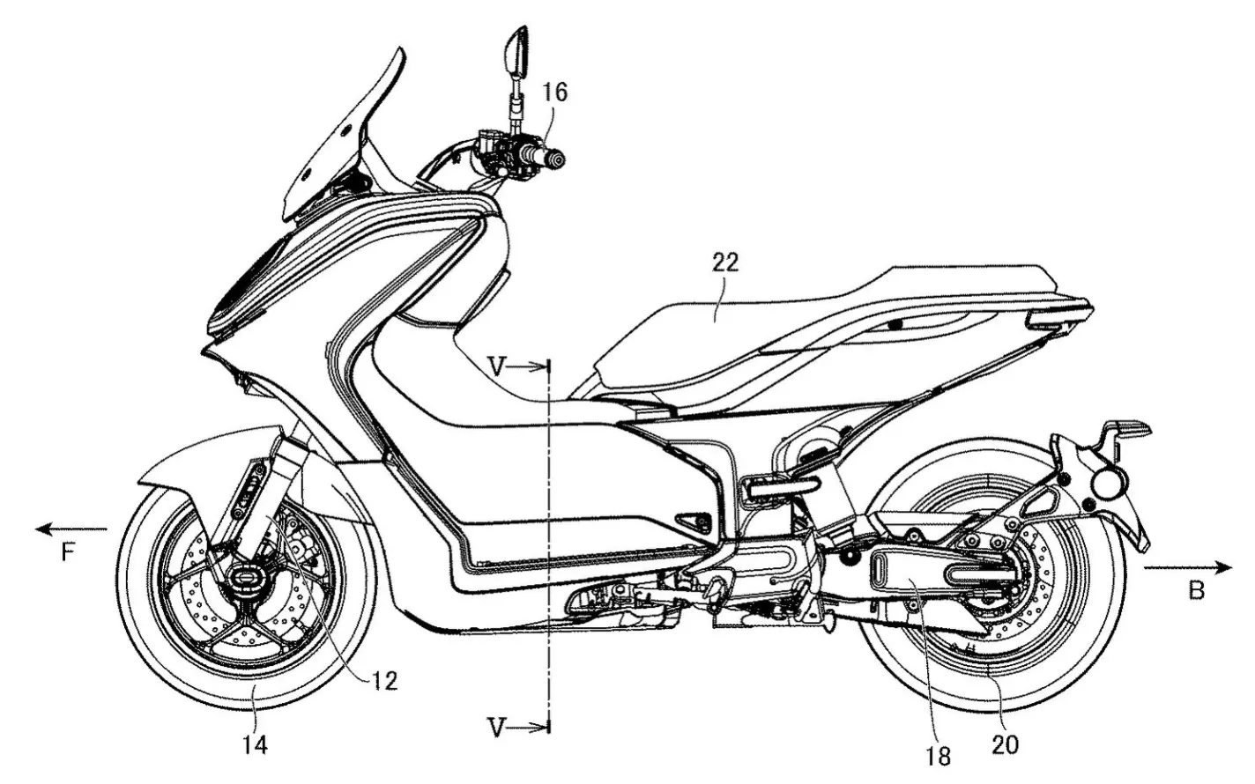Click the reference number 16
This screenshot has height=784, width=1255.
pos(554,92)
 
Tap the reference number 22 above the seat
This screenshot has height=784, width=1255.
pos(725,263)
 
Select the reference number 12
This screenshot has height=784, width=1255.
pos(385,681)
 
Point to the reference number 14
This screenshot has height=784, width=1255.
pos(255,745)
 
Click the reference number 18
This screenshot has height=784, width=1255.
pos(939,756)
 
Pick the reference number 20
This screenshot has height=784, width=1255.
pos(1005,744)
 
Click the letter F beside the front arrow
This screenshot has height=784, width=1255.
pos(68,553)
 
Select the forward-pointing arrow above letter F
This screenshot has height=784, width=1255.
pos(71,529)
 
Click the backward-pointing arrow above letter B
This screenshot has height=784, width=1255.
pos(1188,568)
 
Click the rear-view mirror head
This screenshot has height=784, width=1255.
pos(516,52)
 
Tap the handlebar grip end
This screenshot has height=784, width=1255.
pos(556,159)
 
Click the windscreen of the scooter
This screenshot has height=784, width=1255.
pos(342,140)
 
